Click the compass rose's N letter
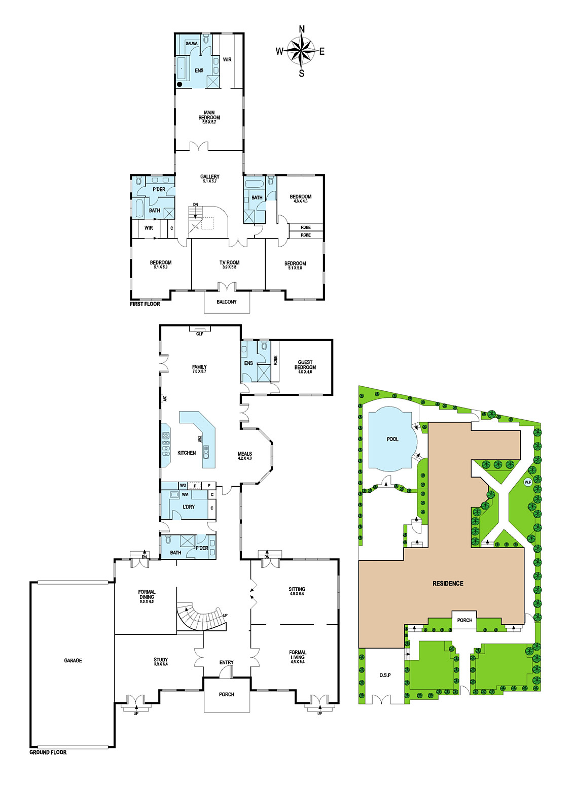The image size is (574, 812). (302, 29)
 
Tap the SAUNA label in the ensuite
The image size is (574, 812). (192, 44)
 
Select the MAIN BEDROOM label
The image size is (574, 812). (209, 115)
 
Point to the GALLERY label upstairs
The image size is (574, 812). (209, 177)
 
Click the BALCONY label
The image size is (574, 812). (227, 302)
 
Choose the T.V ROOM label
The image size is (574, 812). (229, 263)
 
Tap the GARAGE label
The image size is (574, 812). (73, 660)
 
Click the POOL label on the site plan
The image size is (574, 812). (392, 439)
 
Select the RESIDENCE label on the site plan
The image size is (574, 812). (448, 584)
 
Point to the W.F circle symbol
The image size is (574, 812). (527, 482)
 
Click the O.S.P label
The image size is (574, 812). (385, 675)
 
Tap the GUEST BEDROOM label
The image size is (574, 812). (305, 365)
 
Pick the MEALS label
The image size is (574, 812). (245, 454)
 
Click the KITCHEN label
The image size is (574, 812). (187, 453)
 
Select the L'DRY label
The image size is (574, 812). (189, 507)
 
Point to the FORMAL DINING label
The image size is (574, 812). (147, 594)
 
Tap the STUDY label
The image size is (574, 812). (161, 660)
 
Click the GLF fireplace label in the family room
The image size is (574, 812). (200, 333)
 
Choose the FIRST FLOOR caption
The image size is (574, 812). (145, 304)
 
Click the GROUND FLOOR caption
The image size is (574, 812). (48, 752)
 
